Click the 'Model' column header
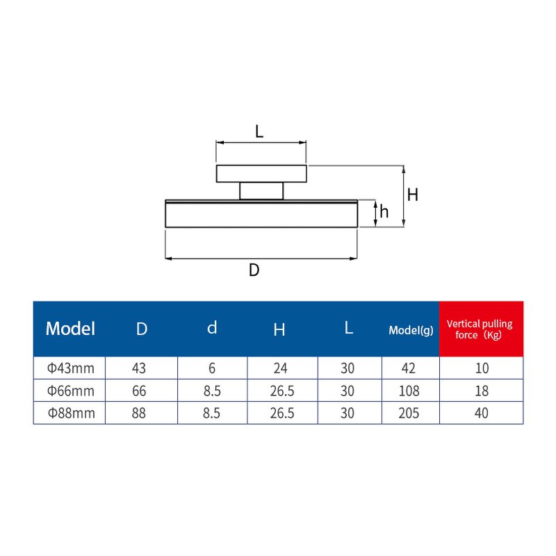tap(70, 329)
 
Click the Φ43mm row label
tap(70, 368)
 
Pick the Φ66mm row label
tap(70, 391)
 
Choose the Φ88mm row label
tap(70, 413)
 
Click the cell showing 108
tap(409, 391)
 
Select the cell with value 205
tap(409, 413)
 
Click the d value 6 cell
tap(212, 368)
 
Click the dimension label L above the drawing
tap(259, 131)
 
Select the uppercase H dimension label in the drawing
tap(412, 195)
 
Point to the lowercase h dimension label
tap(384, 213)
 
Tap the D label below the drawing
tap(254, 270)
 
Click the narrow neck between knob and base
tap(261, 190)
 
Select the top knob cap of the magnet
tap(261, 173)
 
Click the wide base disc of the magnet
tap(261, 214)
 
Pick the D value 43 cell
tap(142, 368)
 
